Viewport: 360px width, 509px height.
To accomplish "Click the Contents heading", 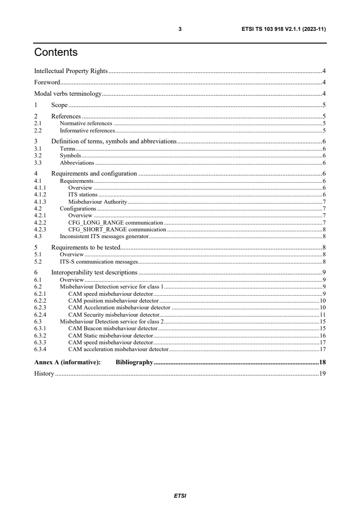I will [56, 53].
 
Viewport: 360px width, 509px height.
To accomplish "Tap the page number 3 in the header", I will [180, 29].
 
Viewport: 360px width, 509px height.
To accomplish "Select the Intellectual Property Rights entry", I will [70, 71].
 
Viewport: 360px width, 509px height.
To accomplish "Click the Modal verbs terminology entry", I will [68, 94].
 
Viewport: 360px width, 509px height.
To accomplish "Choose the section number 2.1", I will [38, 123].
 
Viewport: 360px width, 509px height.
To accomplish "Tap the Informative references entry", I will [87, 130].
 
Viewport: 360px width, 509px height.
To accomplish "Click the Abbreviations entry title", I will [77, 162].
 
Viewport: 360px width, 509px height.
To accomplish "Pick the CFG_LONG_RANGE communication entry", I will [115, 222].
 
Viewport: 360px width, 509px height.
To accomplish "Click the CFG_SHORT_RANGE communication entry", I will [117, 229].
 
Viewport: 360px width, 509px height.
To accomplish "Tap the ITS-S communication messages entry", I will [99, 262].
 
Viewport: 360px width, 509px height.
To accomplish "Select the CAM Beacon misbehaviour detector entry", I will [113, 328].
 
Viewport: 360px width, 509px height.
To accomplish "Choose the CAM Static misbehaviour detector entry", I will [111, 335].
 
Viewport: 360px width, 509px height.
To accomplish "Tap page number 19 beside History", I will [323, 374].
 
